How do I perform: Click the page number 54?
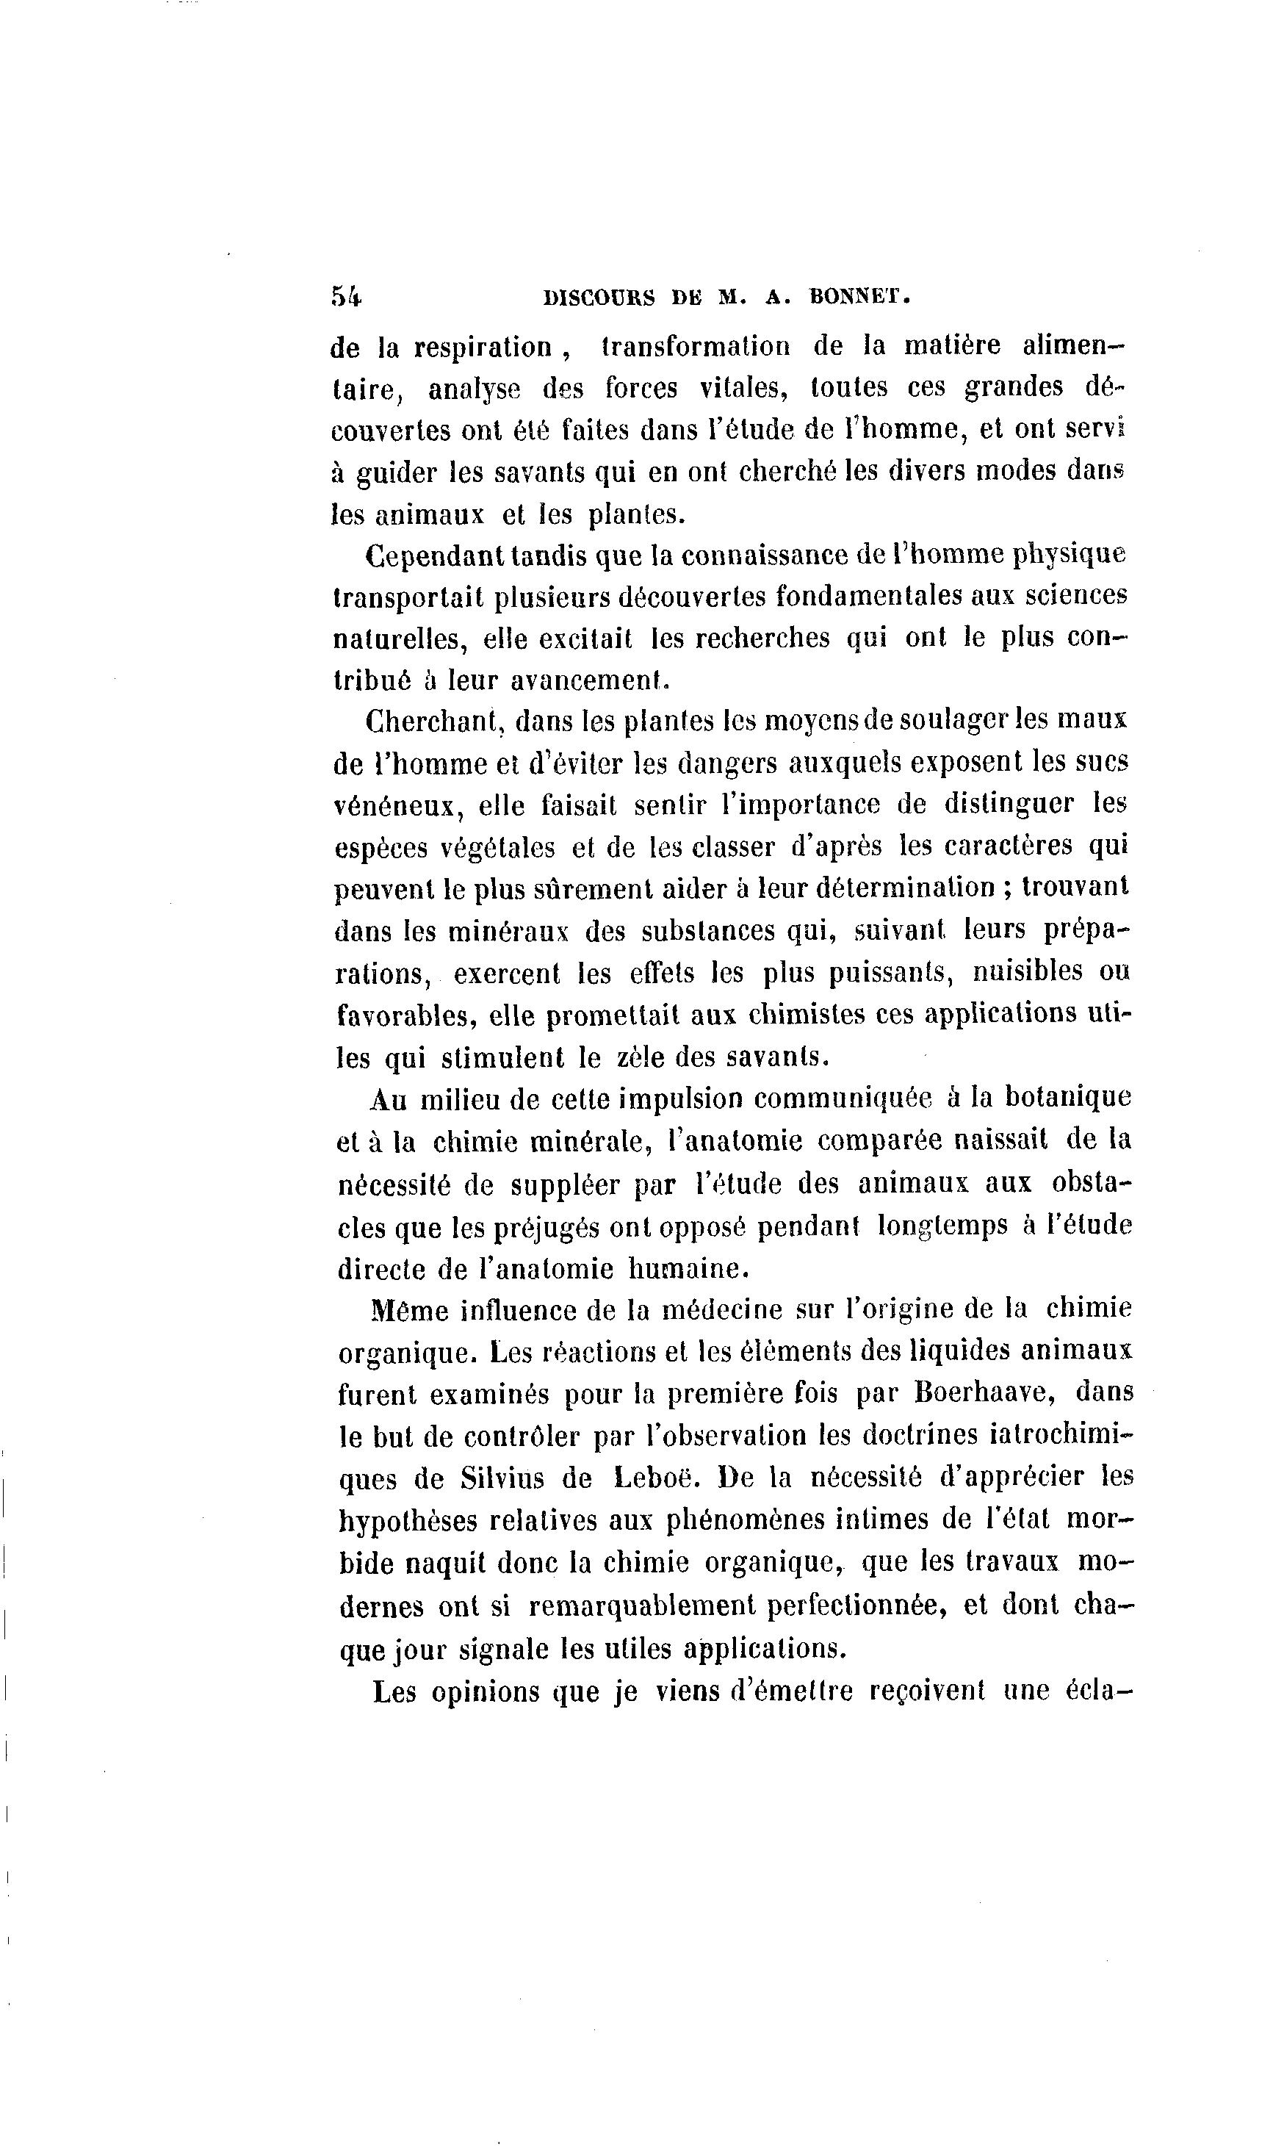pyautogui.click(x=346, y=296)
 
